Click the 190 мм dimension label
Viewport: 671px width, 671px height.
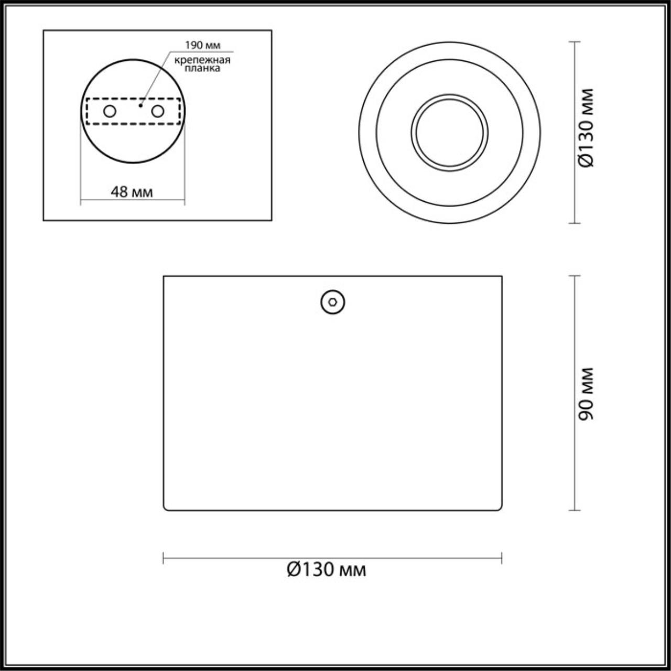202,45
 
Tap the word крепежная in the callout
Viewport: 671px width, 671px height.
202,60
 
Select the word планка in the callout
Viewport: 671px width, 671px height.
202,68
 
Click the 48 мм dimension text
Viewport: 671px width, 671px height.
132,192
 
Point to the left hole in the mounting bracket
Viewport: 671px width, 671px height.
110,112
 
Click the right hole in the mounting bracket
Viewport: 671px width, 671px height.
157,112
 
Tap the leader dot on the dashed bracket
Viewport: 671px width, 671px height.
140,105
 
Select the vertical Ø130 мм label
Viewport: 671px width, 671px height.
586,128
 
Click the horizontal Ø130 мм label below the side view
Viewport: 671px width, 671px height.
326,570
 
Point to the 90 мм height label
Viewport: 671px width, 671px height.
586,394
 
